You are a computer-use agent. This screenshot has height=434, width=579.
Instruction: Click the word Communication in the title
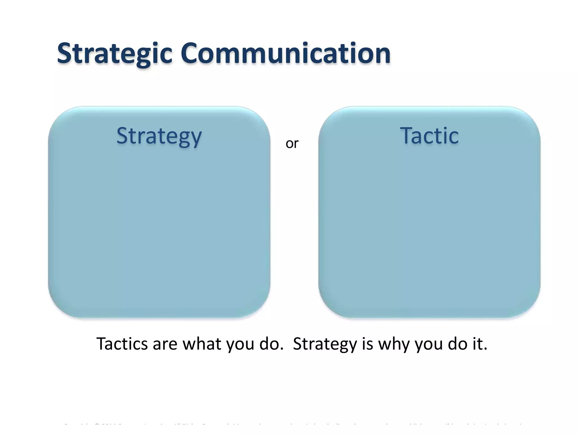[x=286, y=53]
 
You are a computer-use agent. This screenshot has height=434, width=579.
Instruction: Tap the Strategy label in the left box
[x=159, y=136]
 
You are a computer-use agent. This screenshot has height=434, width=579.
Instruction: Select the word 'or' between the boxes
[x=292, y=144]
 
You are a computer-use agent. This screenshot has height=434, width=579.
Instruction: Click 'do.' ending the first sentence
[x=271, y=344]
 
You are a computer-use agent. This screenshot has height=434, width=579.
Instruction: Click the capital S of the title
[x=64, y=53]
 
